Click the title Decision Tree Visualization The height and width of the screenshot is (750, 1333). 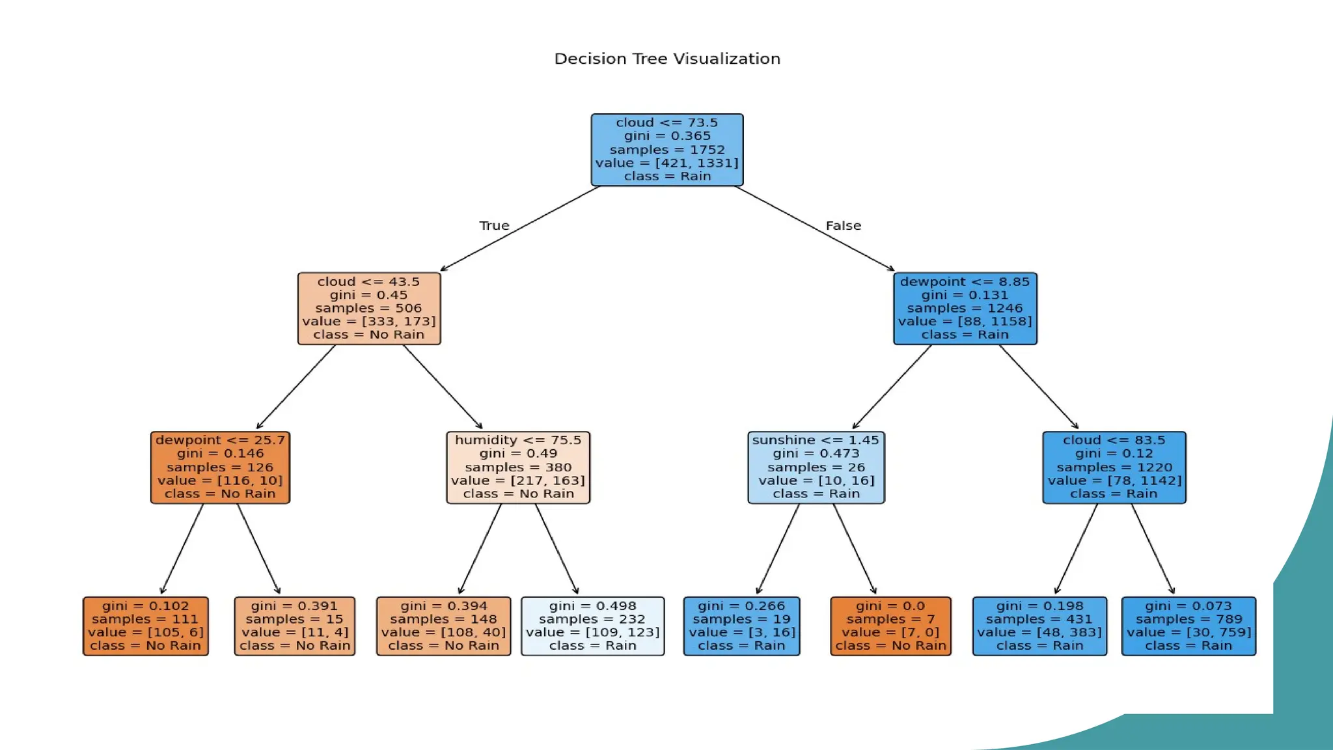(667, 59)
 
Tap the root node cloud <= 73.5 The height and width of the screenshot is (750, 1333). (667, 150)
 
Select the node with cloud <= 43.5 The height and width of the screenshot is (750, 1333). (369, 308)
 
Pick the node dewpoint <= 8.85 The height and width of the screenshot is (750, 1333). (965, 308)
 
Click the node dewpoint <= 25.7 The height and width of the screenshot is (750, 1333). (220, 467)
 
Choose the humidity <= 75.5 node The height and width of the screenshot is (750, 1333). (518, 467)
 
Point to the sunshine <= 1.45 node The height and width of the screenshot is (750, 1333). (816, 467)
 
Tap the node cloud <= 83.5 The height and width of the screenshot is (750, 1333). (1114, 467)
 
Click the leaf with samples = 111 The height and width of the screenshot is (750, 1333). (146, 626)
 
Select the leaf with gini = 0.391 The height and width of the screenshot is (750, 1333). (294, 626)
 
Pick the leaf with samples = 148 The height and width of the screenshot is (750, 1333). (443, 626)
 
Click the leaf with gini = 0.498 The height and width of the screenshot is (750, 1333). (592, 626)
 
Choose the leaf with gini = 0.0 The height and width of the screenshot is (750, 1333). (890, 626)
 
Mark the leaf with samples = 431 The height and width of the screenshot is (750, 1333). (1039, 626)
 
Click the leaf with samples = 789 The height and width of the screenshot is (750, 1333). (1189, 626)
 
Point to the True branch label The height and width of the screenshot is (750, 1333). (494, 225)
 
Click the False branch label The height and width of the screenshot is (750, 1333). (843, 225)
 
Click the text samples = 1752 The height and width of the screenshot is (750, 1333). (667, 150)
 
